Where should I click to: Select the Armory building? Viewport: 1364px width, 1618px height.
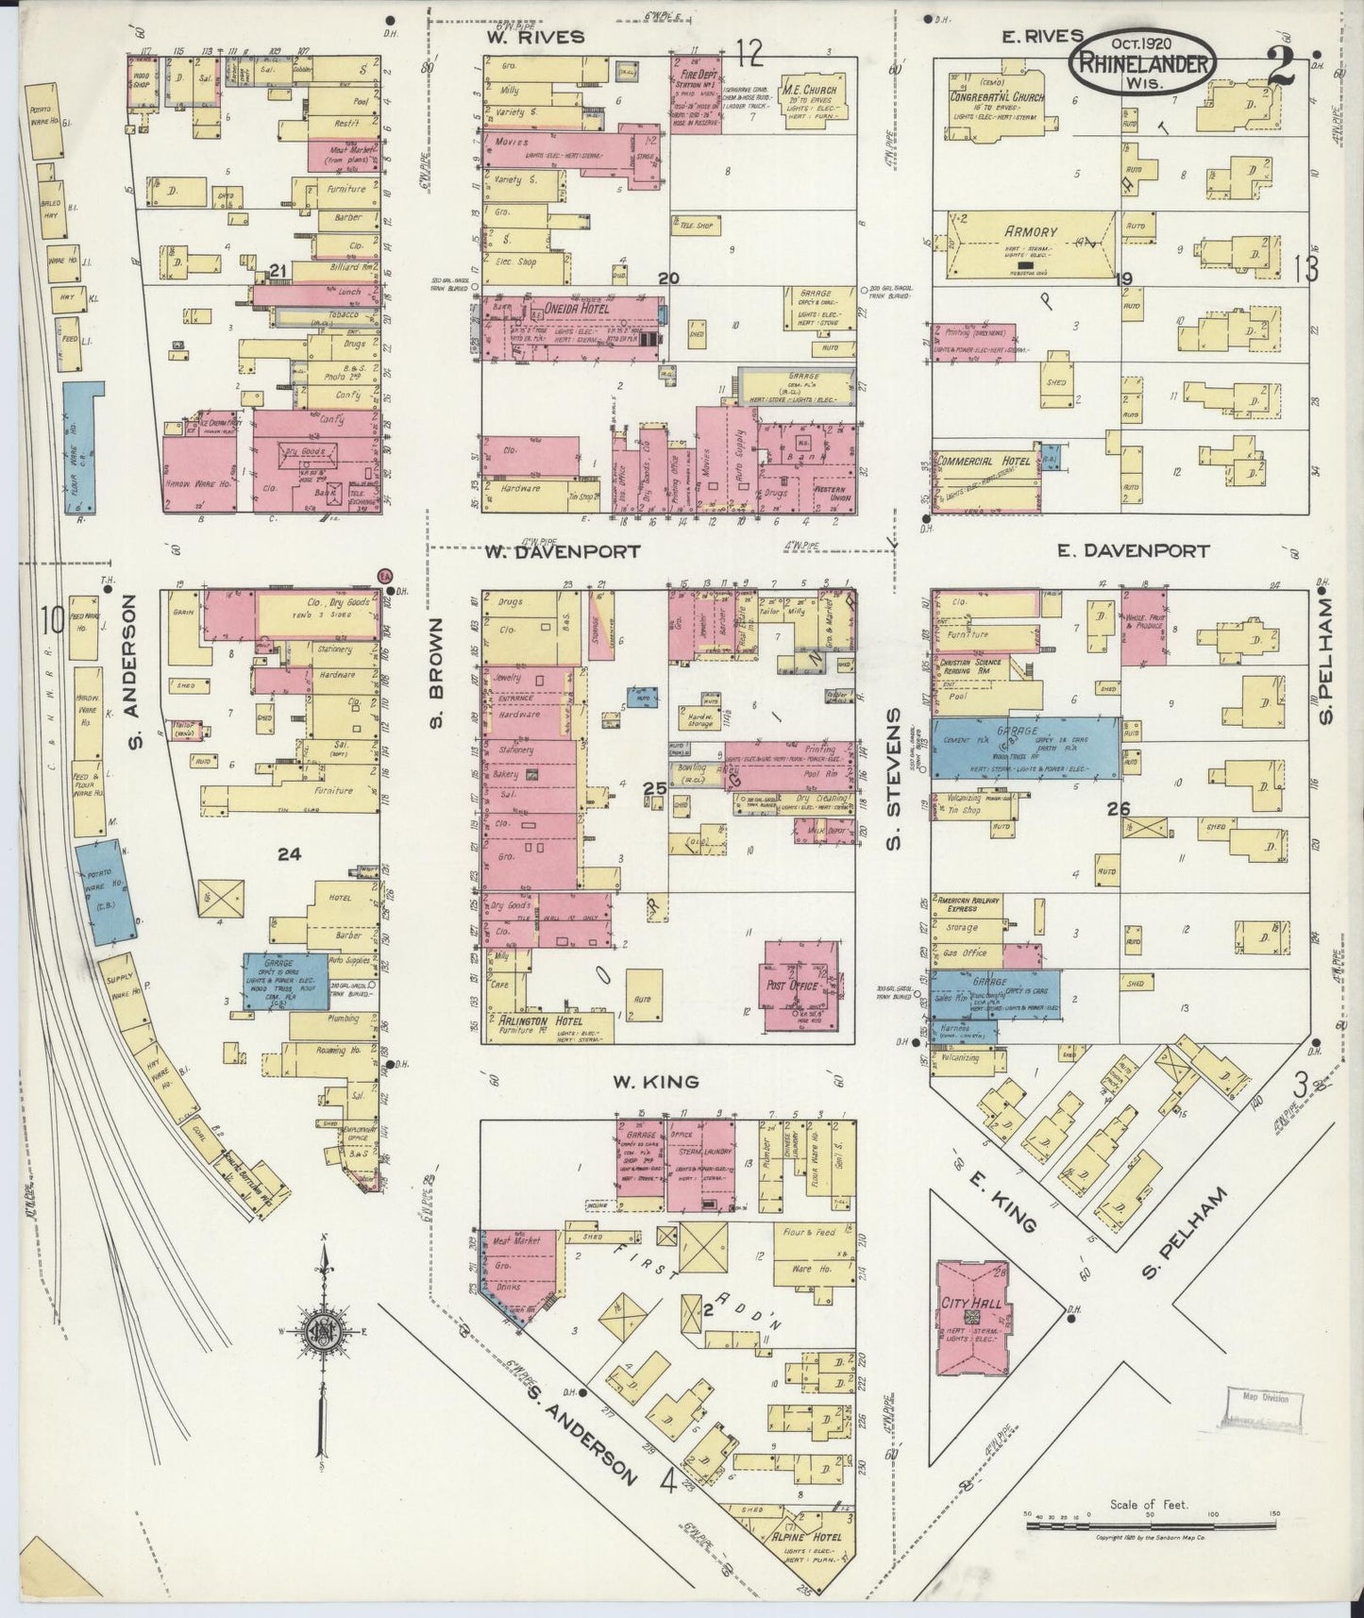pyautogui.click(x=1032, y=245)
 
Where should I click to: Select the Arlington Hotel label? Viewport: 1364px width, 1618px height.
pyautogui.click(x=533, y=1021)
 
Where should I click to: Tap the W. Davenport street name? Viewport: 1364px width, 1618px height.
pyautogui.click(x=564, y=550)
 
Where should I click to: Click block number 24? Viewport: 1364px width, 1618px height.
pyautogui.click(x=289, y=853)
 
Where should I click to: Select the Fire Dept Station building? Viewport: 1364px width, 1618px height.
pyautogui.click(x=696, y=93)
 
